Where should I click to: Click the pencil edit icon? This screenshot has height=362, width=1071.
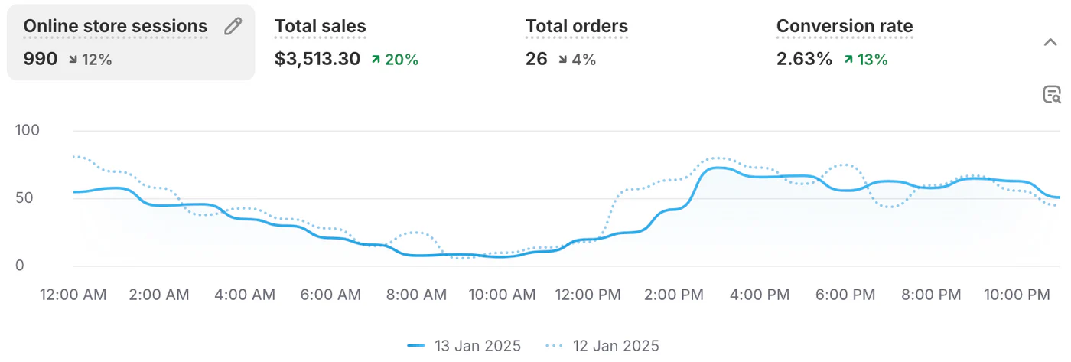(233, 27)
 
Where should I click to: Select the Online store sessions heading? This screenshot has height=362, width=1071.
(116, 26)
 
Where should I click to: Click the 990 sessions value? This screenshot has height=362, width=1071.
(41, 59)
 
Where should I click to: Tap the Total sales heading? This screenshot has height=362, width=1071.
(321, 26)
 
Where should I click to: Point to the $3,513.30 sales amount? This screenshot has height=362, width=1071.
(317, 59)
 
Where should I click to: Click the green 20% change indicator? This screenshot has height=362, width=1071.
(395, 59)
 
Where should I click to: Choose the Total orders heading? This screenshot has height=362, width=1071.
(577, 26)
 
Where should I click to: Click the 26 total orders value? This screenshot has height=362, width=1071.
(536, 59)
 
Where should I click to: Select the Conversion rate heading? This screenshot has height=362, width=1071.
(845, 26)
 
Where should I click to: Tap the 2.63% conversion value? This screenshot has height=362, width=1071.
(804, 59)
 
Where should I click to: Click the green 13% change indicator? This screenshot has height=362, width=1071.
(866, 59)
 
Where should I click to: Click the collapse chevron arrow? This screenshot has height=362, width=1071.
(1050, 42)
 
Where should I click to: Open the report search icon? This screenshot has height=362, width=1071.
(1051, 95)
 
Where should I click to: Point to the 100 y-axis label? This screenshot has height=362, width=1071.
(28, 131)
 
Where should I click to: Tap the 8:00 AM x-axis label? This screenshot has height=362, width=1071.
(416, 295)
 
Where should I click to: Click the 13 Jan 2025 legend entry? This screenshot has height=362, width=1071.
(465, 346)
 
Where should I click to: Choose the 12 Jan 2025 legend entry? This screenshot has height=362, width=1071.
(604, 346)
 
